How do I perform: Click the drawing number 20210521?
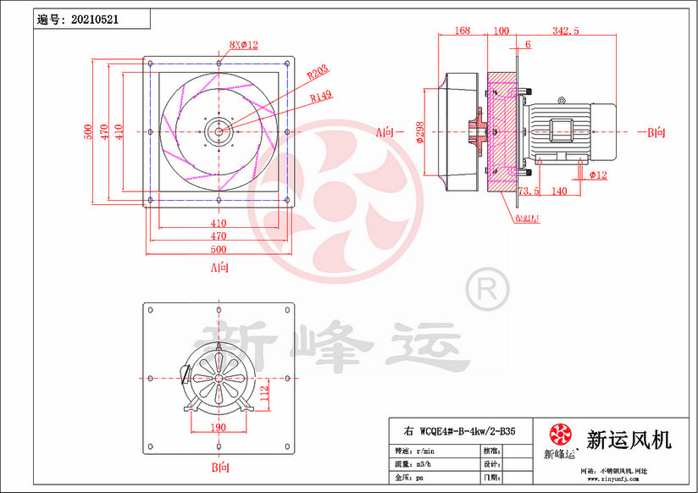coord(101,19)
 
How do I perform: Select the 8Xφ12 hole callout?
coord(243,44)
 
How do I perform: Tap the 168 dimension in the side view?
coord(462,30)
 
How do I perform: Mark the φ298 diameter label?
coord(420,133)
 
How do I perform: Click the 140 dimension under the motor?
coord(559,191)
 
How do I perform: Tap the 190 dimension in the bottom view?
coord(218,429)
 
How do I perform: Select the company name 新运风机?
coord(629,440)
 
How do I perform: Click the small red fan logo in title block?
coord(560,435)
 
